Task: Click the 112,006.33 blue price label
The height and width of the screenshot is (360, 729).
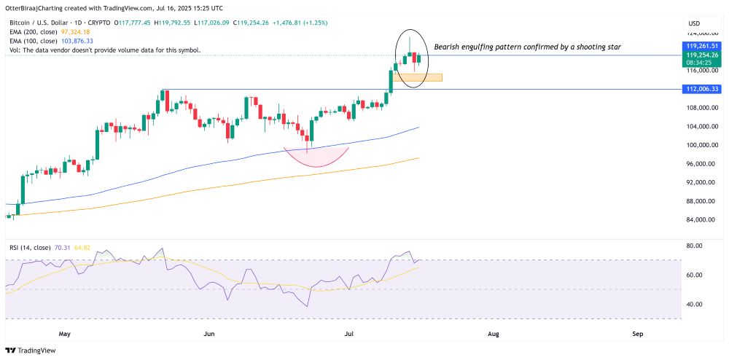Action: (703, 89)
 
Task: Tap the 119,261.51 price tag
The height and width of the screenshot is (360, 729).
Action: (703, 46)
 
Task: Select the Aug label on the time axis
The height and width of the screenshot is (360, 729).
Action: (493, 334)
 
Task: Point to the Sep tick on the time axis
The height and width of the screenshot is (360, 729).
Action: (637, 334)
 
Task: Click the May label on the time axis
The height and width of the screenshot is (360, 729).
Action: (65, 334)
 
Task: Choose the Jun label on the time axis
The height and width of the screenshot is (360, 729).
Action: (208, 334)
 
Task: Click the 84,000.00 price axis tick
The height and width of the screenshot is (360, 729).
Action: (702, 220)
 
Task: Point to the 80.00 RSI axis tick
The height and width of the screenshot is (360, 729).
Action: (694, 246)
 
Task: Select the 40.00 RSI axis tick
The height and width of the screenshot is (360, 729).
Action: (694, 304)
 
